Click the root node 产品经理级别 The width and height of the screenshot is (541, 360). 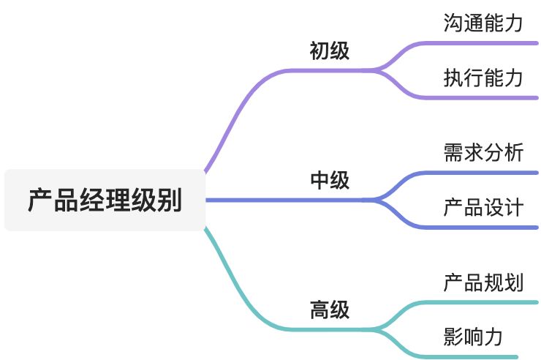[x=105, y=200]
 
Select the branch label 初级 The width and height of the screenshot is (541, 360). [x=330, y=50]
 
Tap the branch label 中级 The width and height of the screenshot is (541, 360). [x=330, y=180]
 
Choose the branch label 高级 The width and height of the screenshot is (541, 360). [x=330, y=310]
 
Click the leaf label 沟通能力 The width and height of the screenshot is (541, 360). [x=483, y=23]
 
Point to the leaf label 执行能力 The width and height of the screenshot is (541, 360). [x=483, y=78]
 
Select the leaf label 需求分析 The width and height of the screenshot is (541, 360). [x=483, y=152]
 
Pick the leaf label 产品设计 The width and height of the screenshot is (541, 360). [x=483, y=207]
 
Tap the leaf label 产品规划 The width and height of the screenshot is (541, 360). [x=483, y=282]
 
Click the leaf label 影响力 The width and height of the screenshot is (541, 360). [x=473, y=337]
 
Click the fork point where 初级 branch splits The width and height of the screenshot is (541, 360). [x=376, y=71]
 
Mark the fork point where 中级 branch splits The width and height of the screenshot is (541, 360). [x=376, y=200]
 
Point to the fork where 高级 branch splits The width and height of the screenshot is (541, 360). [x=376, y=329]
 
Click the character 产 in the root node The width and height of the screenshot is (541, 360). [x=40, y=200]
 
